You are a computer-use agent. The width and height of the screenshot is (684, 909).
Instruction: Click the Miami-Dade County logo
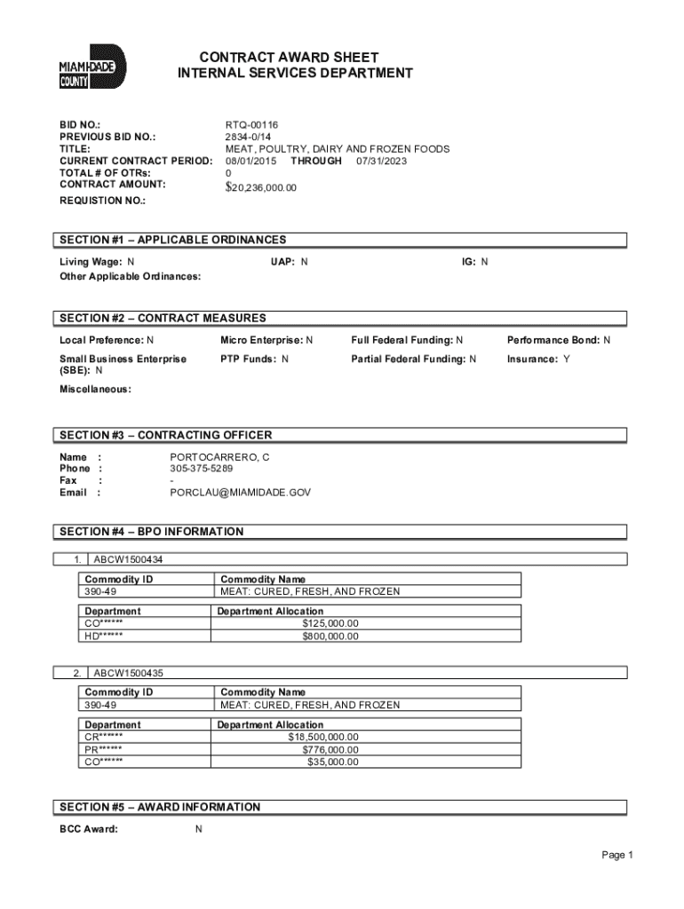click(x=92, y=67)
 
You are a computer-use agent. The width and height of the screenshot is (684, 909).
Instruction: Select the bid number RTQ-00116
click(x=253, y=126)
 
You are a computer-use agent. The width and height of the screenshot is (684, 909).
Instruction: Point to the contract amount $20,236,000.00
click(x=261, y=187)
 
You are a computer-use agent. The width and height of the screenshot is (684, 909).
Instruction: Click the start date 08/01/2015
click(x=251, y=161)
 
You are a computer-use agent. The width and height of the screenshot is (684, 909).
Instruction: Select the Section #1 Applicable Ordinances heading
click(x=172, y=240)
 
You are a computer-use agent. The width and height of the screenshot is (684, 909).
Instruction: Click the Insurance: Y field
click(x=538, y=359)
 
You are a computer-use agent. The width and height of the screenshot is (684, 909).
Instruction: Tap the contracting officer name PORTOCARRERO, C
click(x=219, y=457)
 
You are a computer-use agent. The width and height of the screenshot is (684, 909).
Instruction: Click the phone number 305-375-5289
click(x=202, y=469)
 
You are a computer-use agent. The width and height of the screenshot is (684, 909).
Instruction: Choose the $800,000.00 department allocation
click(x=330, y=636)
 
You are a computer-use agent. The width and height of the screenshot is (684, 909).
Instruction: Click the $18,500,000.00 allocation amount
click(x=323, y=737)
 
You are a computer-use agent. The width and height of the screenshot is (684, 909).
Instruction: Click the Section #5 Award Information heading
click(x=160, y=807)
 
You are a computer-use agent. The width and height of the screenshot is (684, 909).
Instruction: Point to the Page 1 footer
click(x=616, y=855)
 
